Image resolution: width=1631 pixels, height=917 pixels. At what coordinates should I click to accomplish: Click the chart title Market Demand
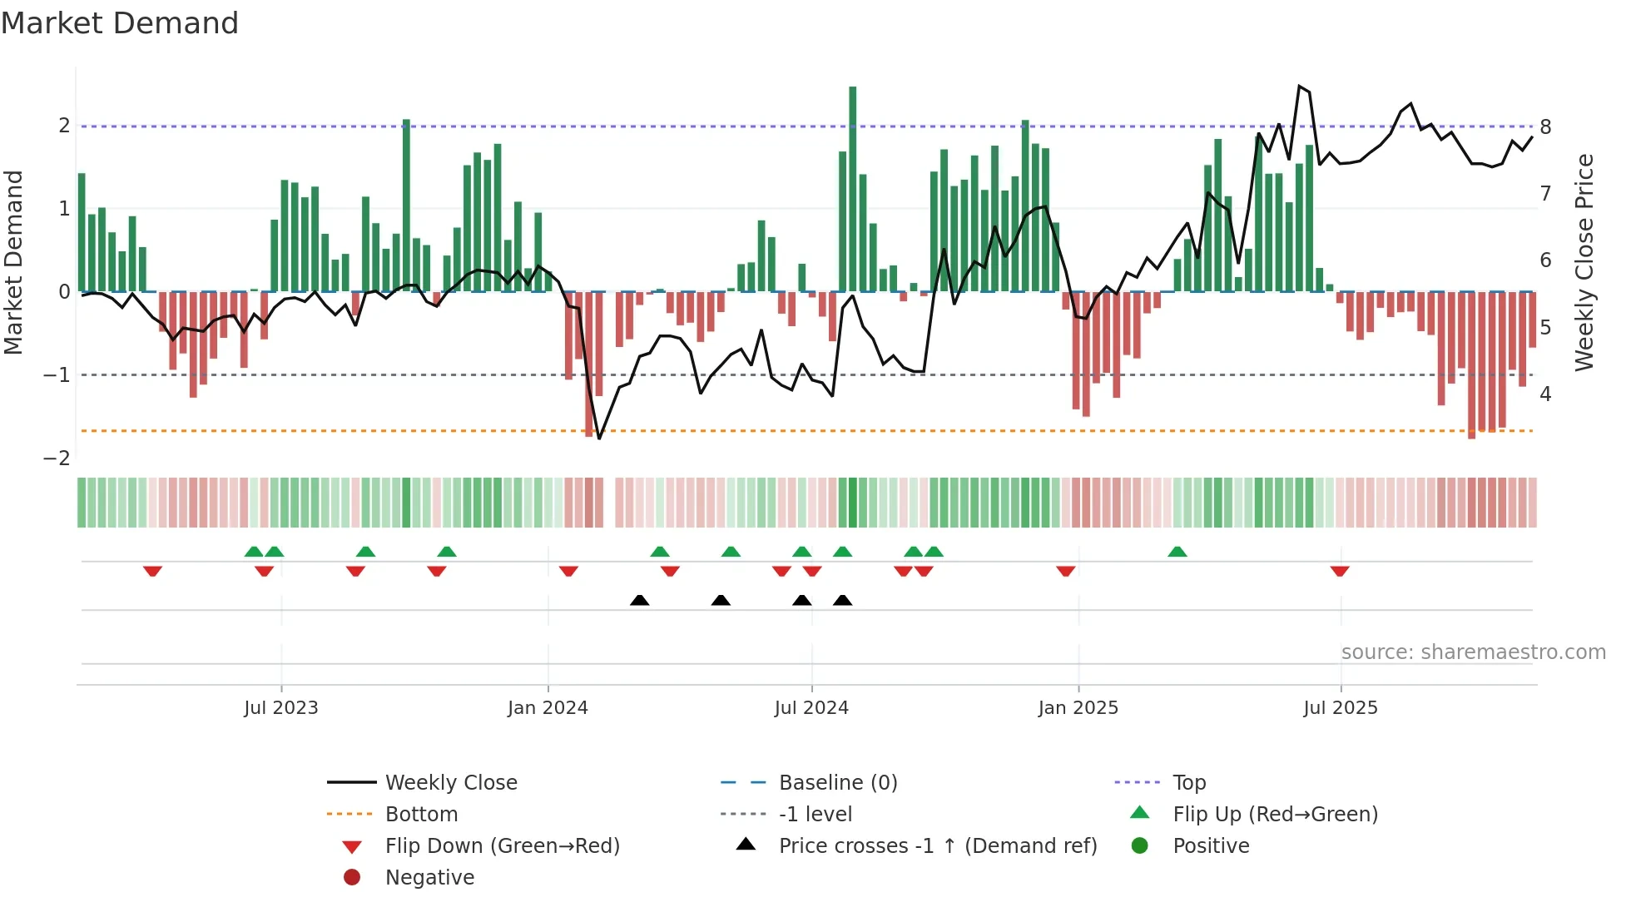pos(120,23)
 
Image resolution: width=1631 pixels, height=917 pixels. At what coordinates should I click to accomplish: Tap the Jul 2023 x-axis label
pos(280,708)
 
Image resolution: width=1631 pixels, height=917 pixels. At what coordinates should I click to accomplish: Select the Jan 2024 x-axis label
pos(548,708)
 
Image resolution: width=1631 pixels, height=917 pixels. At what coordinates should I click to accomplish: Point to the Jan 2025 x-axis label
pos(1078,708)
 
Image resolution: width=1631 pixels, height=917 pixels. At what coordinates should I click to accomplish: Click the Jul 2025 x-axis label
pos(1340,708)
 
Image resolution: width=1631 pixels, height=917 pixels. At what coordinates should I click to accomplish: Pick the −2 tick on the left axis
pos(57,458)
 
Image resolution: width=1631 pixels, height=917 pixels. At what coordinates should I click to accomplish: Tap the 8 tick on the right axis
pos(1545,127)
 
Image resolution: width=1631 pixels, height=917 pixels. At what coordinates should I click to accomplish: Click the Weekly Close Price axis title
pos(1584,262)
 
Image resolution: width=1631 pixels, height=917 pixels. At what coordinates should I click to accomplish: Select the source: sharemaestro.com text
pos(1473,652)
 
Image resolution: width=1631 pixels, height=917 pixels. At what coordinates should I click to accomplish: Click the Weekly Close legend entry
pos(450,783)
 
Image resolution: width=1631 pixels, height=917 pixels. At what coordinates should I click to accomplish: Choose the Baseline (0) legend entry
pos(837,783)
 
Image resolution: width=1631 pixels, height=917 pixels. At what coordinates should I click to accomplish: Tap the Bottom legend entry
pos(421,815)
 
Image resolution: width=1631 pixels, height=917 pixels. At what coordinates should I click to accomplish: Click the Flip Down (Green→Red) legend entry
pos(502,846)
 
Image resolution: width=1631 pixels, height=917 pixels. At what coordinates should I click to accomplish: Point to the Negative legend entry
pos(429,878)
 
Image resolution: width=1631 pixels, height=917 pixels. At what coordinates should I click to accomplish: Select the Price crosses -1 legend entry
pos(937,846)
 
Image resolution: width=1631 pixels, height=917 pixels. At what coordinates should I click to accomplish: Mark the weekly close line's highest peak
pos(1299,87)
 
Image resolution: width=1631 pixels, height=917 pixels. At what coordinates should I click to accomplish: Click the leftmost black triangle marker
pos(639,600)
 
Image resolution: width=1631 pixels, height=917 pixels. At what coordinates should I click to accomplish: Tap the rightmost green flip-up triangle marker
pos(1177,552)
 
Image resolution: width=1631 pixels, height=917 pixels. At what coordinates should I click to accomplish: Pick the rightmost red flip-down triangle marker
pos(1339,571)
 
